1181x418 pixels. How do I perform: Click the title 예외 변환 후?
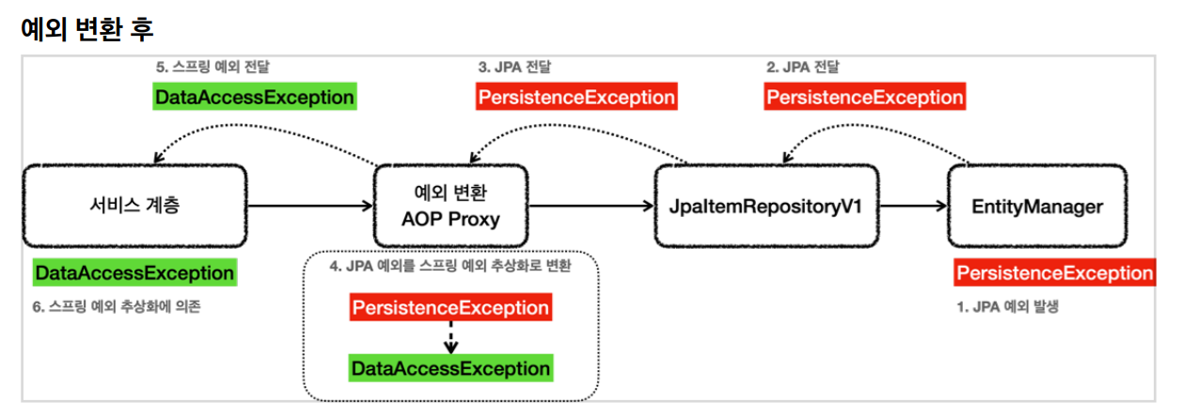pos(87,29)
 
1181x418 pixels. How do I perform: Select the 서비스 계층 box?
pos(134,206)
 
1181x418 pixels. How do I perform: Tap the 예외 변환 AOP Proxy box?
pos(450,206)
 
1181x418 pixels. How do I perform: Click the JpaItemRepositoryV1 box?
pos(766,206)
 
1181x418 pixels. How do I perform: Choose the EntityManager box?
pos(1037,206)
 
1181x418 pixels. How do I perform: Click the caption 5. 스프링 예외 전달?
pos(213,67)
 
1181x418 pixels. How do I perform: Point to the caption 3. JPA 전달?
pos(514,67)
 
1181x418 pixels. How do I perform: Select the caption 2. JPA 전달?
pos(802,67)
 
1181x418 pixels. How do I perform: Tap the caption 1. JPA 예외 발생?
pos(1008,306)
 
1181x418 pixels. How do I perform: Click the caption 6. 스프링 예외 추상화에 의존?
pos(117,306)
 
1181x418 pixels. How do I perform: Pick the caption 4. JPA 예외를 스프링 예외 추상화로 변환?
pos(450,266)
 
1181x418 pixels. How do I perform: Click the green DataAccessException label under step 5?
pos(255,97)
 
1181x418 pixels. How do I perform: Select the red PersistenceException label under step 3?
pos(576,97)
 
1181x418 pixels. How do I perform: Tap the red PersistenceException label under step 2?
pos(865,97)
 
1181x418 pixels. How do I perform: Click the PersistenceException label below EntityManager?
pos(1054,272)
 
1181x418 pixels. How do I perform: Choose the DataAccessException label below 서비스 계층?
pos(135,272)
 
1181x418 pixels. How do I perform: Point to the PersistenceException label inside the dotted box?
pos(450,307)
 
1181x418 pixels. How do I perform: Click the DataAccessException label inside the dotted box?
pos(450,368)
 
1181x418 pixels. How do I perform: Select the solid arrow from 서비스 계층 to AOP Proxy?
pos(310,206)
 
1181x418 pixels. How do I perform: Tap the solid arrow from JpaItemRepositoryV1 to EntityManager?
pos(913,206)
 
